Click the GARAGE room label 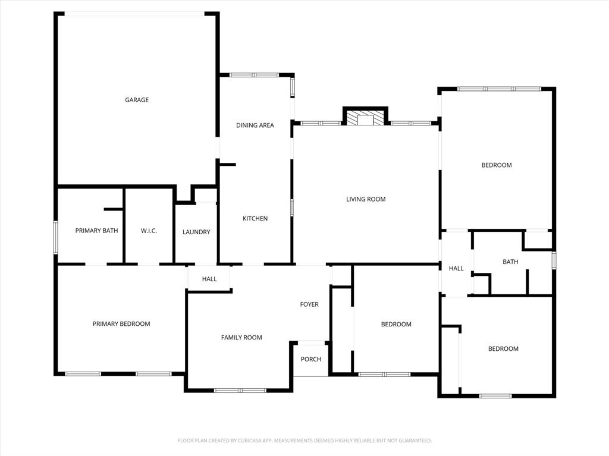click(x=137, y=100)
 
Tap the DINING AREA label click(x=255, y=125)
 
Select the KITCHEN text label click(x=255, y=219)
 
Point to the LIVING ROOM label click(x=366, y=199)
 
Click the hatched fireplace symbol click(x=365, y=118)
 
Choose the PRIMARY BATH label click(x=96, y=231)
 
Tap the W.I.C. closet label click(x=149, y=231)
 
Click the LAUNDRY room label click(x=196, y=232)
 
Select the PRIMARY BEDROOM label click(x=121, y=324)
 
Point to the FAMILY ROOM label click(x=241, y=338)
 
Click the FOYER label click(x=309, y=304)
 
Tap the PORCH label click(x=311, y=359)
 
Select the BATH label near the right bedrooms click(x=510, y=262)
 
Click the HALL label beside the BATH click(x=456, y=269)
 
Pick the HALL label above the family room click(x=209, y=279)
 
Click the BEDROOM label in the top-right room click(x=497, y=165)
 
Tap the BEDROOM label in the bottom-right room click(x=503, y=349)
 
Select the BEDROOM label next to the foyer click(x=396, y=325)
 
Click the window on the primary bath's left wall click(x=56, y=237)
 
